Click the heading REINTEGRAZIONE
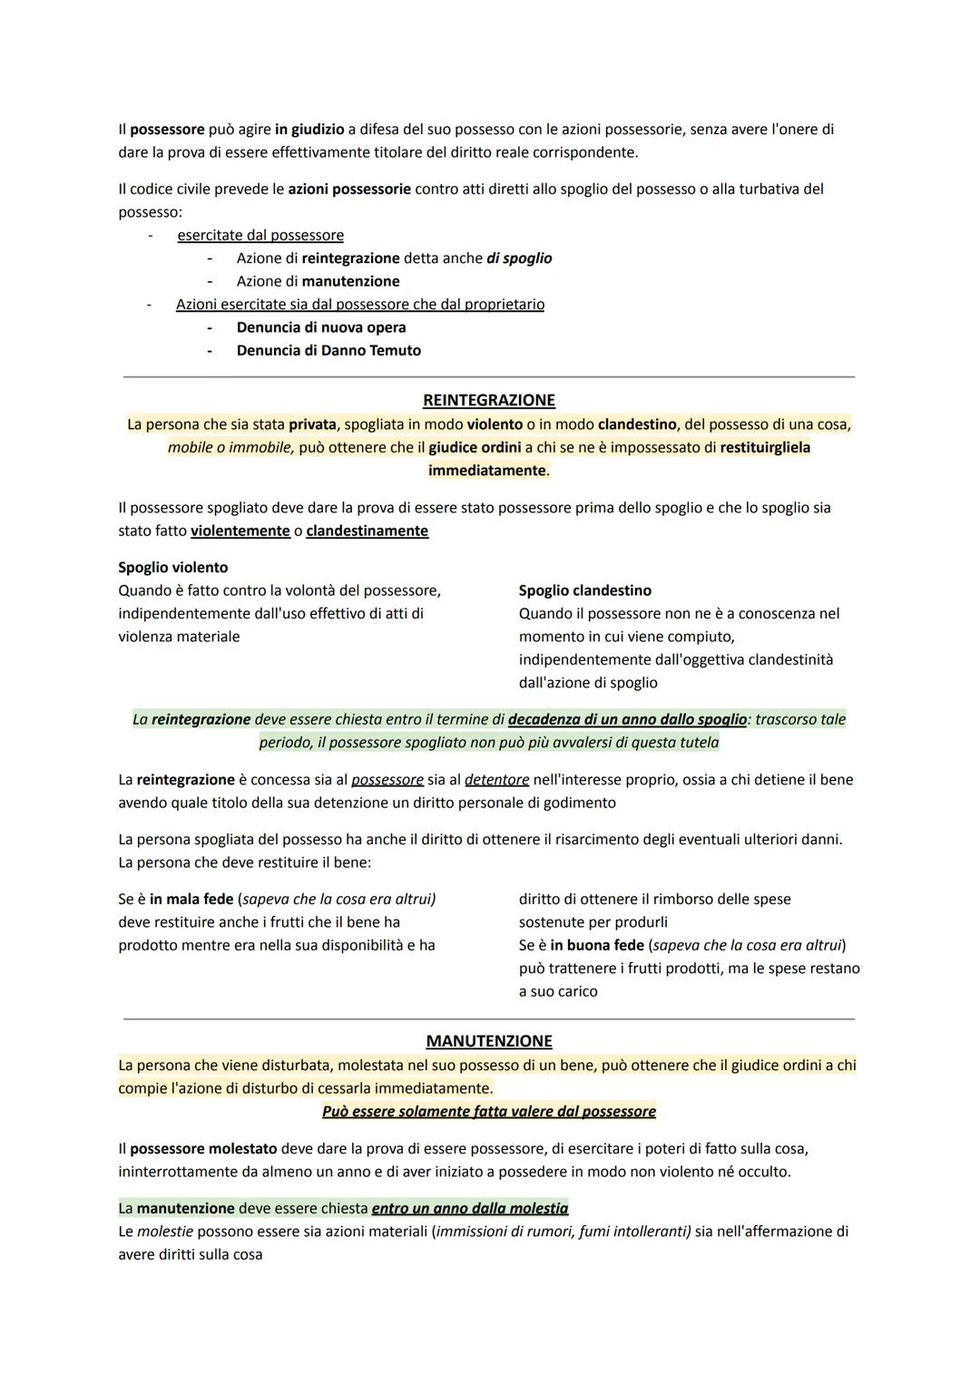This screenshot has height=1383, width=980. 489,400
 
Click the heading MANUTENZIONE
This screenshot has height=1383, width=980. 489,1041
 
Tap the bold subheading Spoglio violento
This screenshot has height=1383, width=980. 173,568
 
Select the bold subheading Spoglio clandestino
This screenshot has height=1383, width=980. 585,590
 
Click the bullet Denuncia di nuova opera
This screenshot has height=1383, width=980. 321,327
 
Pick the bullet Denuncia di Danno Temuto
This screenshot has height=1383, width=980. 328,350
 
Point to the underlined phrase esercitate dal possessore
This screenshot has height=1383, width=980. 260,236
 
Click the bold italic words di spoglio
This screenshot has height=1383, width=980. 519,258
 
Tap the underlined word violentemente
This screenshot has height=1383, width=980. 240,531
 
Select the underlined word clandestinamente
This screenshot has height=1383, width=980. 367,531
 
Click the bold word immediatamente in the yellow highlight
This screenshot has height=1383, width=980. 488,471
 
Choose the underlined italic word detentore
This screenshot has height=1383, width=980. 497,780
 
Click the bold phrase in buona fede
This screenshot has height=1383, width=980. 597,946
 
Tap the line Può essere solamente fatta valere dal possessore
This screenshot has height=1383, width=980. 489,1112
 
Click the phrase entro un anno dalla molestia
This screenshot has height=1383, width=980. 470,1209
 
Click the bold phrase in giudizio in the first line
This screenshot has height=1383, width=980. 309,130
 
